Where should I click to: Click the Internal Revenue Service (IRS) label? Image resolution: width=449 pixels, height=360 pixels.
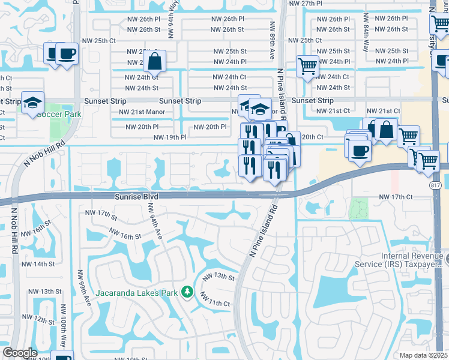click(x=414, y=259)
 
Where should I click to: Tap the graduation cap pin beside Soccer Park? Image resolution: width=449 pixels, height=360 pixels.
click(x=32, y=102)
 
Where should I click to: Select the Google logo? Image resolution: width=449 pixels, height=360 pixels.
click(x=19, y=353)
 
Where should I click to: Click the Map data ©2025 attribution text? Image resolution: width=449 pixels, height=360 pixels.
click(x=423, y=355)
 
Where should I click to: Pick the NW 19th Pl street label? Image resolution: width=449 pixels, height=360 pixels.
click(x=170, y=137)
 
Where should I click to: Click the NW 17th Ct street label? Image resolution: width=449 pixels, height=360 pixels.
click(x=396, y=197)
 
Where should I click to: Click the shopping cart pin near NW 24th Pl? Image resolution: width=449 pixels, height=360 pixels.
click(x=307, y=66)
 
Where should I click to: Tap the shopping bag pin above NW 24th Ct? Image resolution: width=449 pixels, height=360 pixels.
click(x=155, y=61)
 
